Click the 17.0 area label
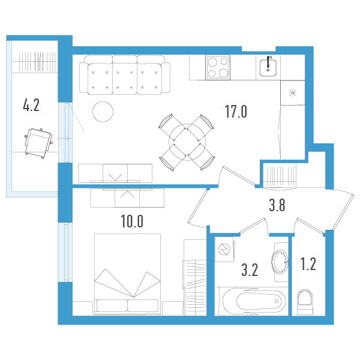235,112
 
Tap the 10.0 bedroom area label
131,221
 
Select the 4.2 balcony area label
31,106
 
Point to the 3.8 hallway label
276,206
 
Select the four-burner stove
218,67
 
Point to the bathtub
251,301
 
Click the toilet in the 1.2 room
305,301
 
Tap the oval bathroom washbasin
280,262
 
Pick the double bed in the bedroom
127,273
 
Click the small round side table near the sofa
102,111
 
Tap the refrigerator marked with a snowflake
293,93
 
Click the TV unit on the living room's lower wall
115,173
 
